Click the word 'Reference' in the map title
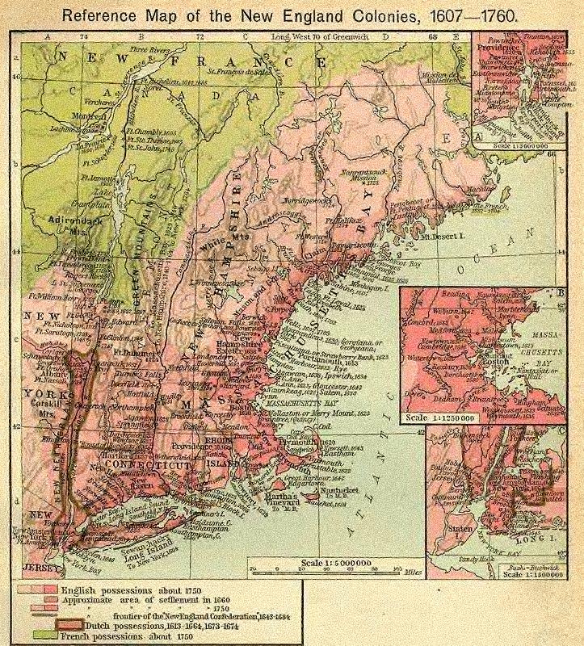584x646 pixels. pos(102,15)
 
